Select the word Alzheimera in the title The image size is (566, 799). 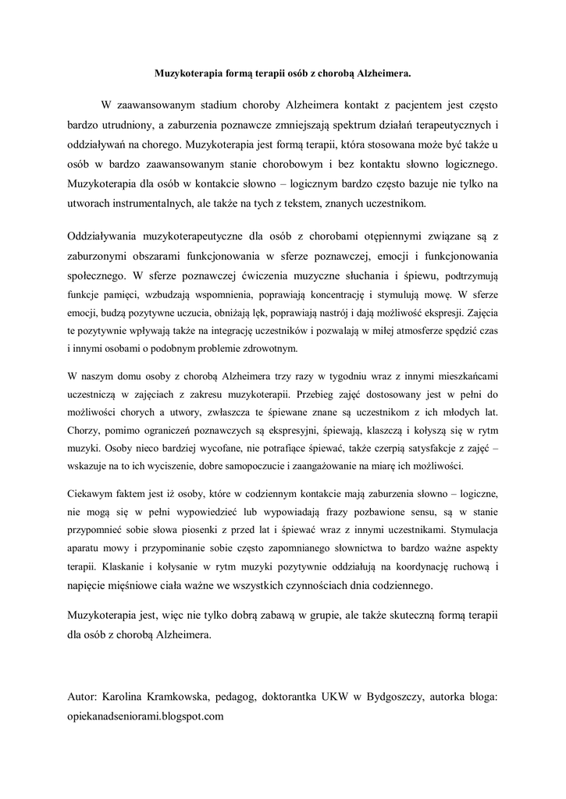(383, 74)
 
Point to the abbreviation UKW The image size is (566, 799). (333, 696)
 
